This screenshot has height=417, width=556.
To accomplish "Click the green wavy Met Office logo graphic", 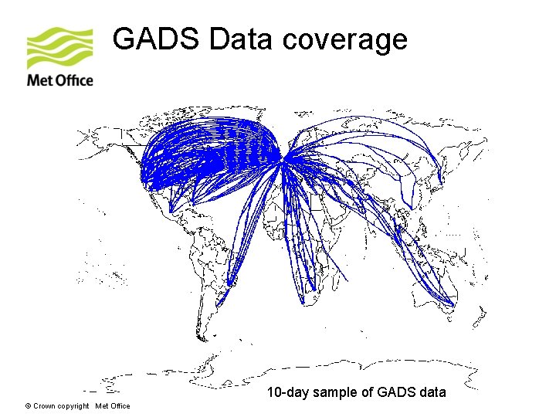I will [59, 47].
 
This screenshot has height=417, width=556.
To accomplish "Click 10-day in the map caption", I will [284, 392].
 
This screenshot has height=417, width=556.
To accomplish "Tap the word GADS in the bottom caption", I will [395, 392].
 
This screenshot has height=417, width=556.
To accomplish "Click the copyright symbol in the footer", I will [28, 406].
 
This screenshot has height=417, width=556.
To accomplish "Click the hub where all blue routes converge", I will [283, 160].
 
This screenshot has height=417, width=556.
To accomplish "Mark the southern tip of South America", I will [202, 339].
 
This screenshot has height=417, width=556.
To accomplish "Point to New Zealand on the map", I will [482, 313].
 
